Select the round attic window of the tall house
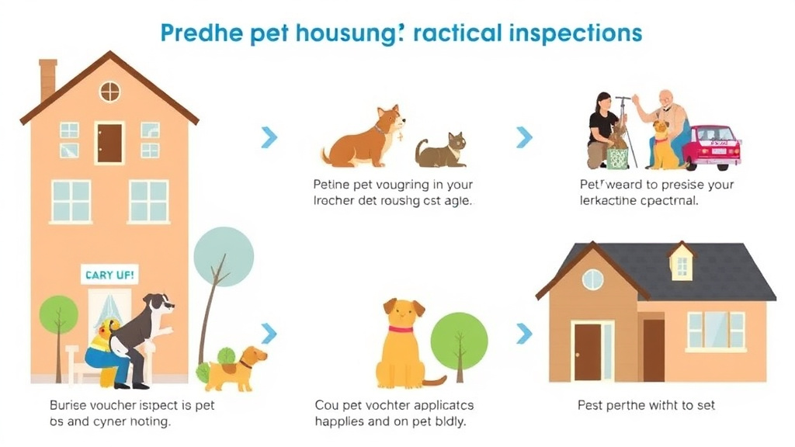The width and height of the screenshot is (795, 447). tap(109, 92)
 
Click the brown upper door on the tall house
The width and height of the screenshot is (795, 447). tap(109, 143)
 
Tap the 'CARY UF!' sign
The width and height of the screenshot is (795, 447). tap(109, 275)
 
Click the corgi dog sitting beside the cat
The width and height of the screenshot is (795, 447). tap(365, 137)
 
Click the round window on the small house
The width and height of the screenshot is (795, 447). tap(592, 279)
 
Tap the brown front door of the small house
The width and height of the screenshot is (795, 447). tap(588, 351)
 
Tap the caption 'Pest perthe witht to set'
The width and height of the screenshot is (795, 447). tap(646, 405)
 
